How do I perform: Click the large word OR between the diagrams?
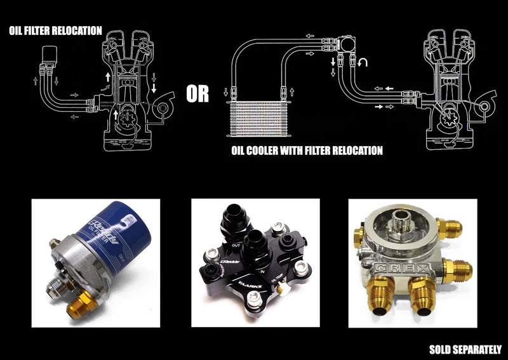click(197, 95)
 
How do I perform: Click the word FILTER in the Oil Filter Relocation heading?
click(44, 30)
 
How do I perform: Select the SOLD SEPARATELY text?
click(465, 349)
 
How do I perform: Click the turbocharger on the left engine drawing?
click(165, 108)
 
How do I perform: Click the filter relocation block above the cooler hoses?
click(346, 43)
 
